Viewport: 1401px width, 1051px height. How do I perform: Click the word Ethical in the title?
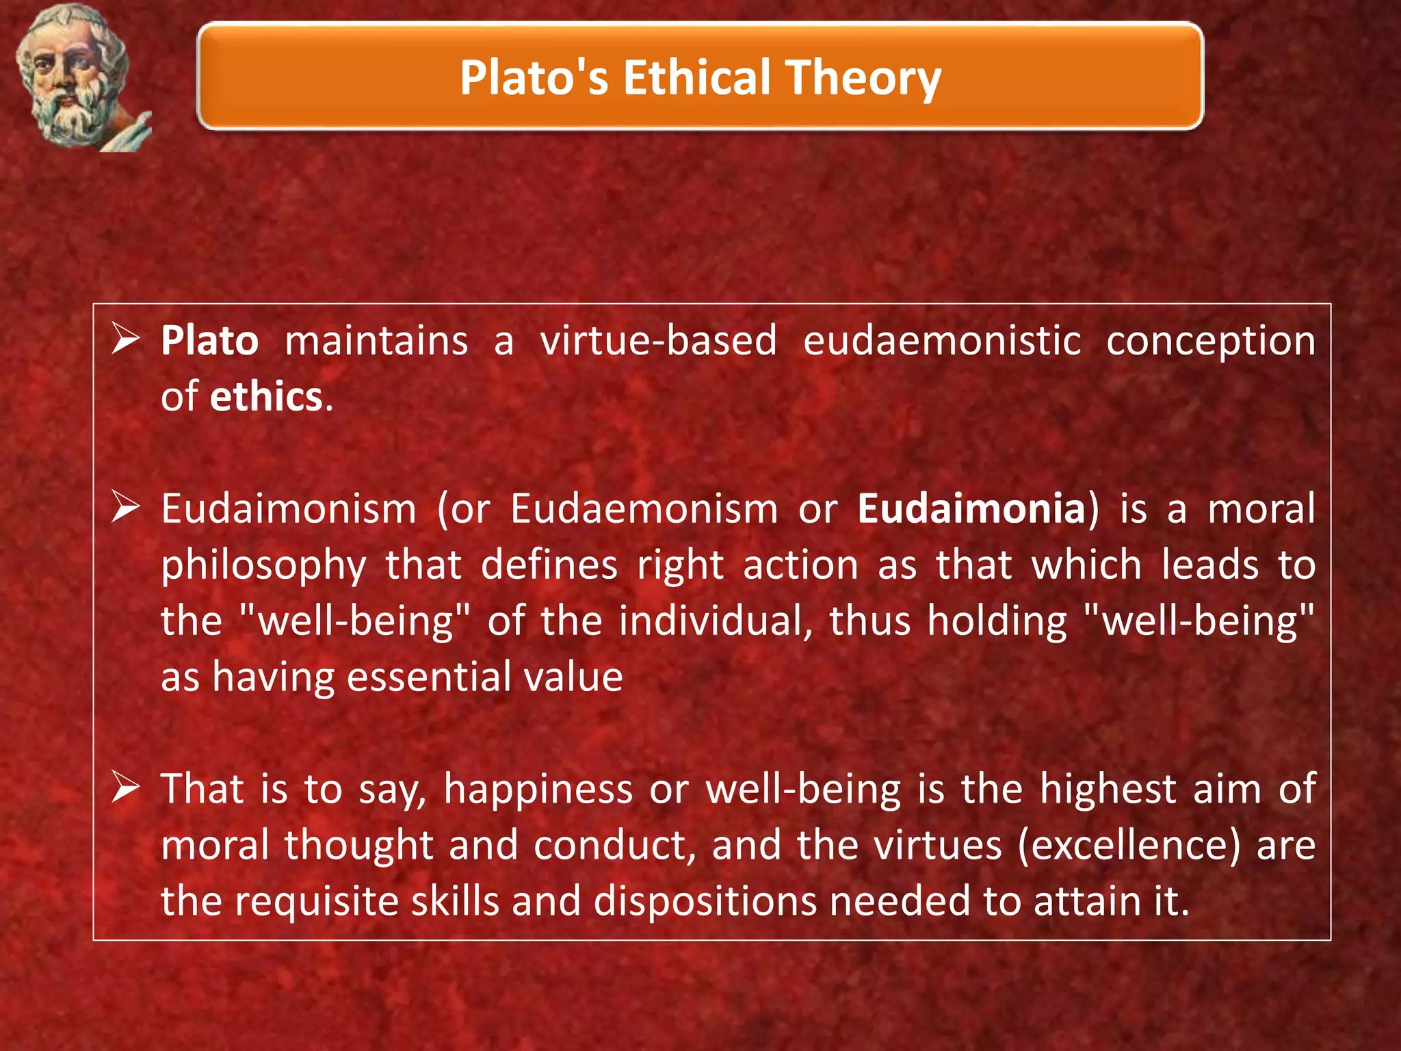click(x=696, y=77)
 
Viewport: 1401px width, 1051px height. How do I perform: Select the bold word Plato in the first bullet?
click(x=209, y=341)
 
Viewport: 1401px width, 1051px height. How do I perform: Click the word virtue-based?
click(x=658, y=341)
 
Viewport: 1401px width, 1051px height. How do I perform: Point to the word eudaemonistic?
click(x=942, y=341)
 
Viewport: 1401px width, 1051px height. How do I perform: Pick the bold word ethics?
click(x=266, y=397)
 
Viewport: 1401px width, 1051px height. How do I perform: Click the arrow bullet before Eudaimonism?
click(x=126, y=508)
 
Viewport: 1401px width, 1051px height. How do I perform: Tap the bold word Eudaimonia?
click(x=971, y=509)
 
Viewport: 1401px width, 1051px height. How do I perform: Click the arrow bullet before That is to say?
click(x=126, y=788)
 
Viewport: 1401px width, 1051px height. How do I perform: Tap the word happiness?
click(x=538, y=790)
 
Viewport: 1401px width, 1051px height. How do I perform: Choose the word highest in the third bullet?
click(x=1108, y=790)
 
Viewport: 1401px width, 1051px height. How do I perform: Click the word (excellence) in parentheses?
click(x=1129, y=846)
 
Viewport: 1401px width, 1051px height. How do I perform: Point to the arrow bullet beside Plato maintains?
click(x=126, y=340)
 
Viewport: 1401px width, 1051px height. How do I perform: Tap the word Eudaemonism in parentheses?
click(x=644, y=509)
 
